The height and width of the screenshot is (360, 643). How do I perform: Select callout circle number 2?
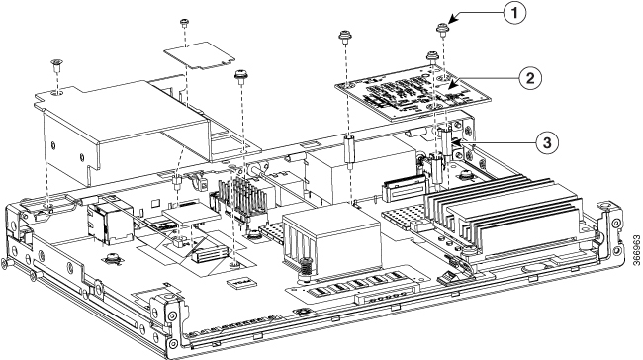click(530, 78)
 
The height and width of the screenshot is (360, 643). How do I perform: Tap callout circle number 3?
click(546, 143)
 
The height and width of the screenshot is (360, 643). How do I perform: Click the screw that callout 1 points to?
click(441, 29)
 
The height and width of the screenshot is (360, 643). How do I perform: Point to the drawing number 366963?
click(636, 250)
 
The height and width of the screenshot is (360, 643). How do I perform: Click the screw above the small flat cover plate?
click(184, 22)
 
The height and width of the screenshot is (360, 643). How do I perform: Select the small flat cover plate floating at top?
click(199, 56)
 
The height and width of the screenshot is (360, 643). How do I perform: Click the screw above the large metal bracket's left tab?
click(56, 65)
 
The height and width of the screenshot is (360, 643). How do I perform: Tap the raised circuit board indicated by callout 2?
click(413, 93)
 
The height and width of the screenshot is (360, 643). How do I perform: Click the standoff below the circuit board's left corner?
click(349, 150)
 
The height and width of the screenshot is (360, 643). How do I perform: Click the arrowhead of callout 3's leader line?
click(454, 141)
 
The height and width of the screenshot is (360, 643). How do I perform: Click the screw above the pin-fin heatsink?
click(240, 76)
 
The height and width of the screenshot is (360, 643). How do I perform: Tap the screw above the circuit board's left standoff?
click(345, 37)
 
